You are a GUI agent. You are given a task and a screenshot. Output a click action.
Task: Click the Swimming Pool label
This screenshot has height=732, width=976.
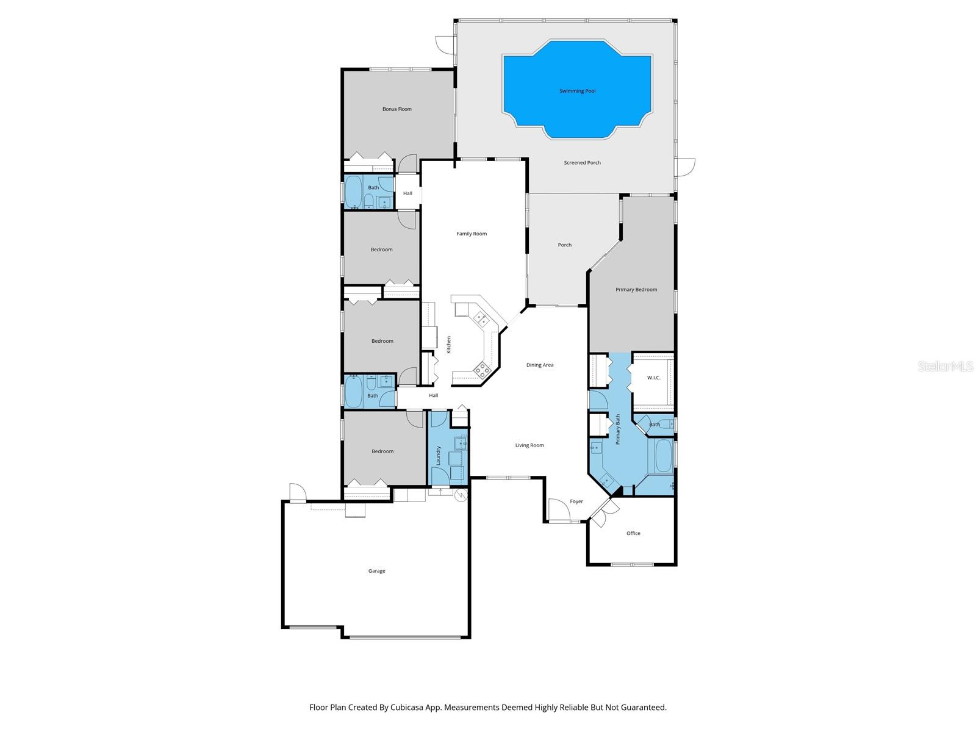577,91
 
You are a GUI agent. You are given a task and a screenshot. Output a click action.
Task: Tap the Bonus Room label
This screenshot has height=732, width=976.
396,109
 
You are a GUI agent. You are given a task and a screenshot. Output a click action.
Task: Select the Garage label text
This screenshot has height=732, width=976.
376,571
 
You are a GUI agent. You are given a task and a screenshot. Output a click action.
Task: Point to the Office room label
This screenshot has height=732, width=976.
633,533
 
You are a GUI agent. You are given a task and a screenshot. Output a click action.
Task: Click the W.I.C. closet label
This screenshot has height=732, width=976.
653,378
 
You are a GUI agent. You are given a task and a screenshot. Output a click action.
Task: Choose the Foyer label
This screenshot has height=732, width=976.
576,501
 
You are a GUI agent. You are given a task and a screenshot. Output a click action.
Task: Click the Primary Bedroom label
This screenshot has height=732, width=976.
636,289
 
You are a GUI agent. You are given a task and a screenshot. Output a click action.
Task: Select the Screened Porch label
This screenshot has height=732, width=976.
582,163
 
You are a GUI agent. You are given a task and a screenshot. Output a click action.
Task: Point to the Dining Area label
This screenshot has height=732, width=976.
540,365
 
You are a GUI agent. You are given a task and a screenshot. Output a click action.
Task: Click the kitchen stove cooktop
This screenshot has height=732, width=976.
482,368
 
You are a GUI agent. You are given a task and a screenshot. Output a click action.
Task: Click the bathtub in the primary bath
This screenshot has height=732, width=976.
663,456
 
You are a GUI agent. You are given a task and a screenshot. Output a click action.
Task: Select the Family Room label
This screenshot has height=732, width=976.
472,234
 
